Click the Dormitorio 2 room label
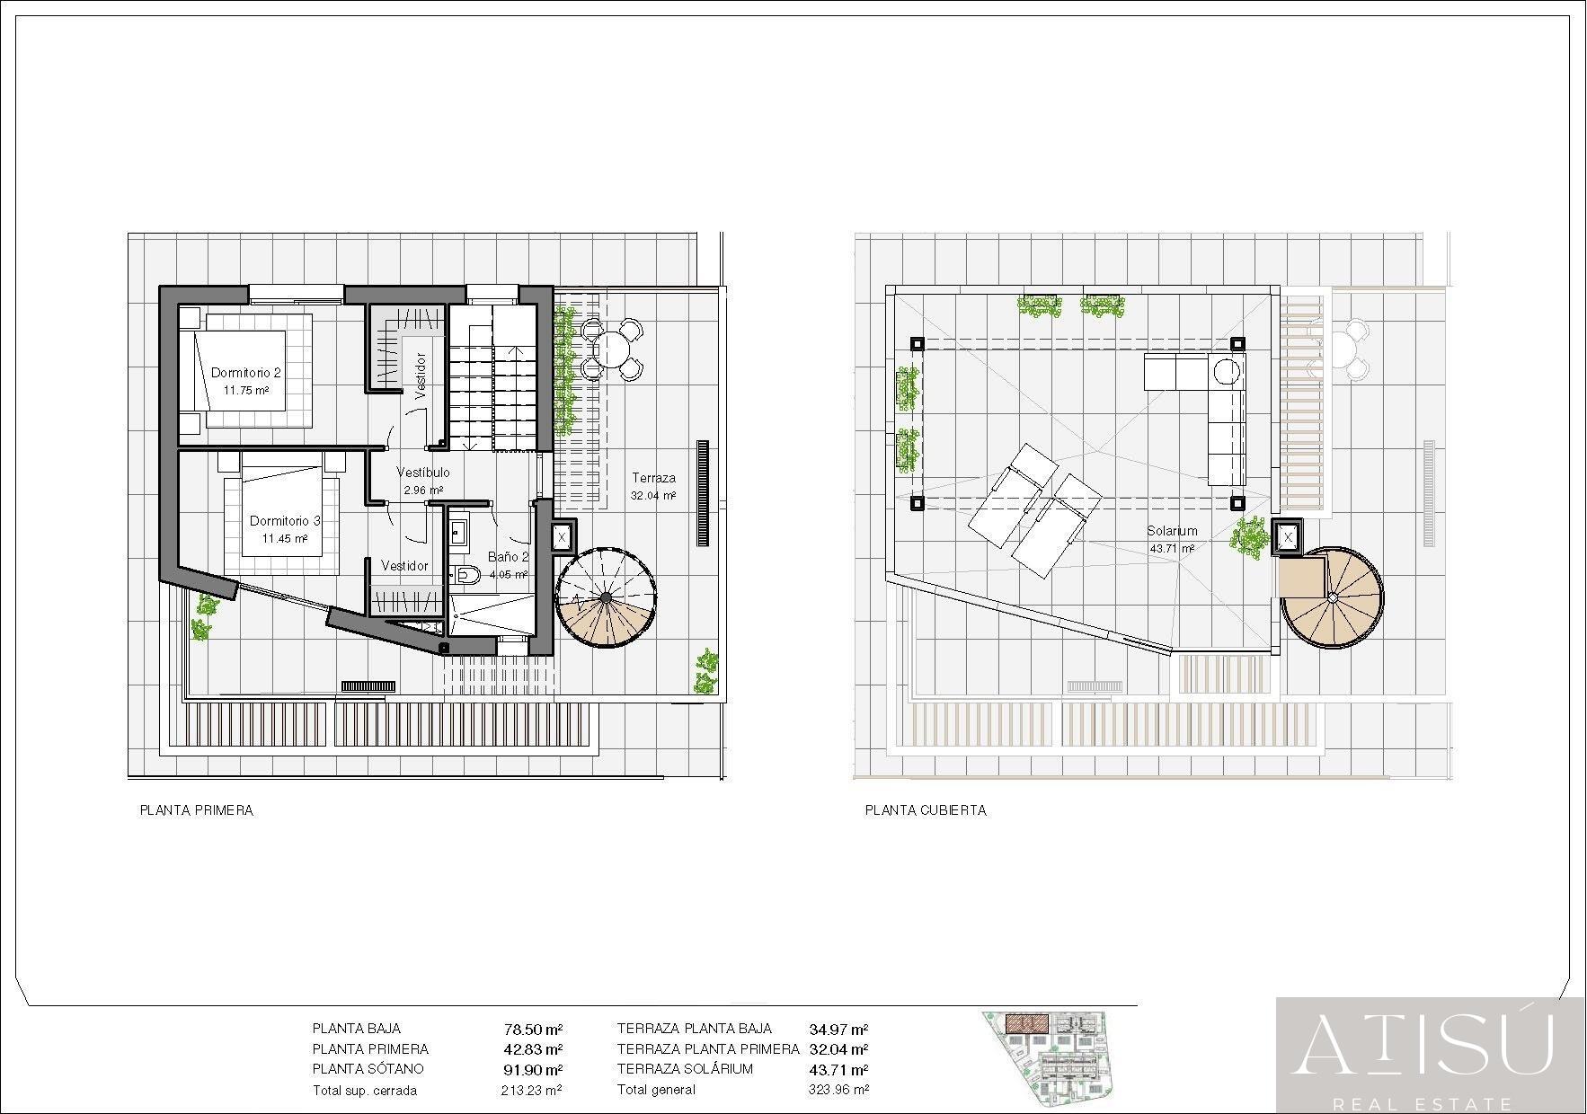(246, 372)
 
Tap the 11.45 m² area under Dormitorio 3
(285, 539)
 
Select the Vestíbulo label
(423, 473)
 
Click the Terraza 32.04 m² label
(653, 486)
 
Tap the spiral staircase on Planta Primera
(606, 597)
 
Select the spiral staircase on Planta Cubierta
(1332, 597)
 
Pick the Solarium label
(1172, 531)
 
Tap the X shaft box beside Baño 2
(563, 537)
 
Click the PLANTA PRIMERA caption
(196, 810)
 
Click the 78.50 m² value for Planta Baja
(533, 1030)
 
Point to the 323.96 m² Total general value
(838, 1090)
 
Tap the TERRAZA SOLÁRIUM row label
(685, 1069)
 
